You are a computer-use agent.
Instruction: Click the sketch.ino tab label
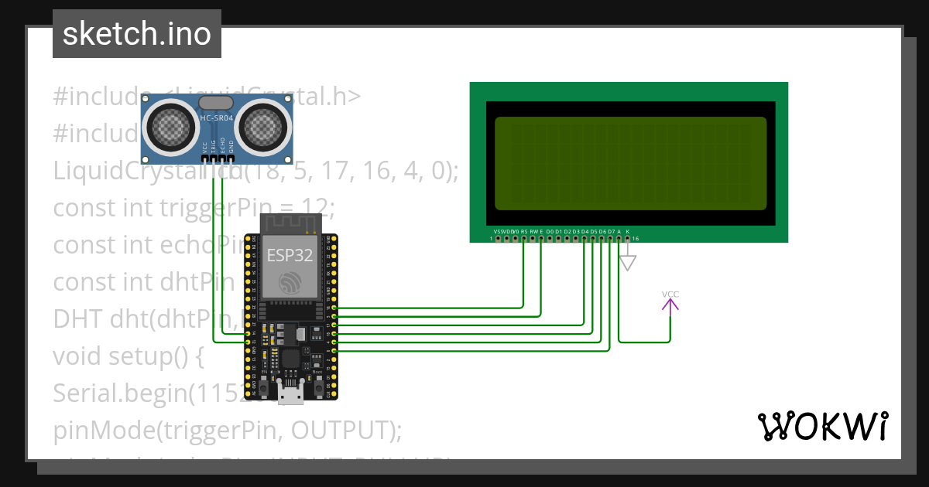136,34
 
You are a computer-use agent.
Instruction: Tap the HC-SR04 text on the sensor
216,118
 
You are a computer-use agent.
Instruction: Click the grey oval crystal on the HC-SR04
216,102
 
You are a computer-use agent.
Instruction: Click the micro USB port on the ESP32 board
291,393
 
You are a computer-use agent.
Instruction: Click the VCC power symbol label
670,295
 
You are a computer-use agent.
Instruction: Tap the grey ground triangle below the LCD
628,264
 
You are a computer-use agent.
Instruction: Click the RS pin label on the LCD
524,231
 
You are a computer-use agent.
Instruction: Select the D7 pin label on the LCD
611,231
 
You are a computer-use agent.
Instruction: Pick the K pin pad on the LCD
628,239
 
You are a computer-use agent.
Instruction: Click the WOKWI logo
822,426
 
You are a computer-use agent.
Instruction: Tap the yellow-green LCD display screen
630,164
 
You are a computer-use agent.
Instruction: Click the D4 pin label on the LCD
584,231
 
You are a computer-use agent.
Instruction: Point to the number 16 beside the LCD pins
636,239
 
